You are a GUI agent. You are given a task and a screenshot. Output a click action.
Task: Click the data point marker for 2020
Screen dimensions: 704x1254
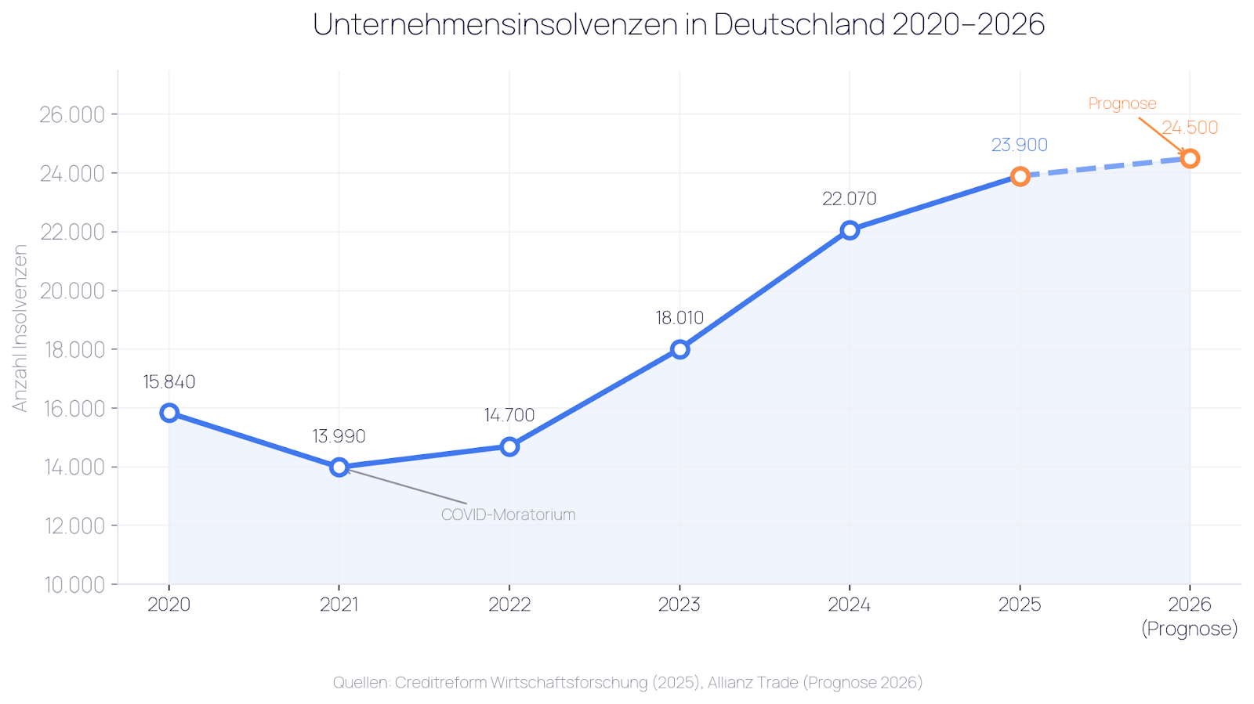tap(169, 413)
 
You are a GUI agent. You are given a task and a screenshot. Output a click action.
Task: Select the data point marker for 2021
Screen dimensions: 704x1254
tap(339, 468)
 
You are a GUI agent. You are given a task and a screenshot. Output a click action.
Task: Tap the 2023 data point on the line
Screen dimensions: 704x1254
tap(680, 349)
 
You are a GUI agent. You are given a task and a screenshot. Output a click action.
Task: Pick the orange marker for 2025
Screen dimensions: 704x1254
tap(1020, 176)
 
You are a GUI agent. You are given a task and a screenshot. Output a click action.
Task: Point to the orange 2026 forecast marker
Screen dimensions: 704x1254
tap(1190, 159)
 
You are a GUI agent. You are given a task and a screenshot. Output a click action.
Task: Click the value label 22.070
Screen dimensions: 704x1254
tap(849, 199)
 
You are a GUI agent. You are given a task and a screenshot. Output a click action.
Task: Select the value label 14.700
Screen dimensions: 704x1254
tap(509, 415)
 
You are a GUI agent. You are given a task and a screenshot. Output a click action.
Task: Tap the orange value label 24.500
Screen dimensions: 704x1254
tap(1189, 128)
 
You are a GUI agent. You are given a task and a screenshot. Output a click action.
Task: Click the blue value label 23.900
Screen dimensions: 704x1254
tap(1019, 145)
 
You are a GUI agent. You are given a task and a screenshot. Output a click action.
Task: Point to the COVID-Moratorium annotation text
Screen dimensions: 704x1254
tap(508, 514)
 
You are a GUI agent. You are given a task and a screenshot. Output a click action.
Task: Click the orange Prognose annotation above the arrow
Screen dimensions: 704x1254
tap(1122, 103)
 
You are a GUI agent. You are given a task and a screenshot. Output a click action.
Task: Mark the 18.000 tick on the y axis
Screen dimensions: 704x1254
tap(72, 349)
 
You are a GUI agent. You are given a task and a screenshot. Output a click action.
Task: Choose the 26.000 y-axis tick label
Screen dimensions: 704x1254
tap(72, 115)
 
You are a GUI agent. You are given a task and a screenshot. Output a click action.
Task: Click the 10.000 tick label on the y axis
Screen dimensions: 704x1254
tap(72, 584)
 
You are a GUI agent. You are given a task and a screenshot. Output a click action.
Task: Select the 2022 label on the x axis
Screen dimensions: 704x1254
tap(509, 605)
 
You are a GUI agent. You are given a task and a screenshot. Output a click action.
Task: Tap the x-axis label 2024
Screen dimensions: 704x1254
tap(850, 605)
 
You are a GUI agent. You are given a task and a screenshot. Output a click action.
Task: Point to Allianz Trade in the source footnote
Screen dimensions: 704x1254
tap(752, 682)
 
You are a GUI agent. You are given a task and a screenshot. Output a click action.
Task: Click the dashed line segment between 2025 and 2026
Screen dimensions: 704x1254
tap(1105, 168)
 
